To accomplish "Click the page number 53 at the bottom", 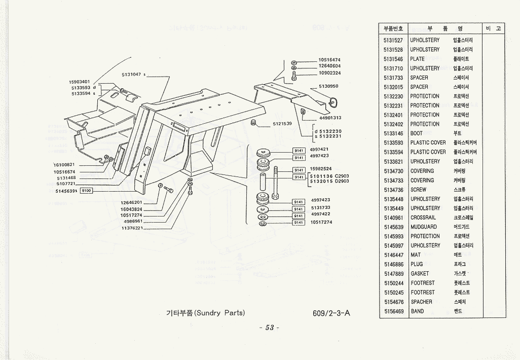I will (269, 328).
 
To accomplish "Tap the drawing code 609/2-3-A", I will (331, 313).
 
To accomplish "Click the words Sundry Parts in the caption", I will (220, 313).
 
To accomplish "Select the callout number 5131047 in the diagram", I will (132, 75).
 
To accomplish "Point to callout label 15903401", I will (79, 82).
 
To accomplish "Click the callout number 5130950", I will (328, 86).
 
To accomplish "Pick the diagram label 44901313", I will (330, 118).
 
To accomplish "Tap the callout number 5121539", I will (282, 124).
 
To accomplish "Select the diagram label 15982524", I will (321, 169).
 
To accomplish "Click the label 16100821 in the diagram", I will (64, 165).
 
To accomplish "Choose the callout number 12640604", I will (329, 66).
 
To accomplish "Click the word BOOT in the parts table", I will (416, 133).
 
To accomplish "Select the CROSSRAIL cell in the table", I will (424, 218).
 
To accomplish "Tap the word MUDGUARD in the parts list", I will (423, 227).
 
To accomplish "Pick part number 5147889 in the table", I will (393, 273).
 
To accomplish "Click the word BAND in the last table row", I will (417, 311).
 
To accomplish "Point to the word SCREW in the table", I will (418, 190).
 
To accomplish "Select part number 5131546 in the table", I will (393, 59).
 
